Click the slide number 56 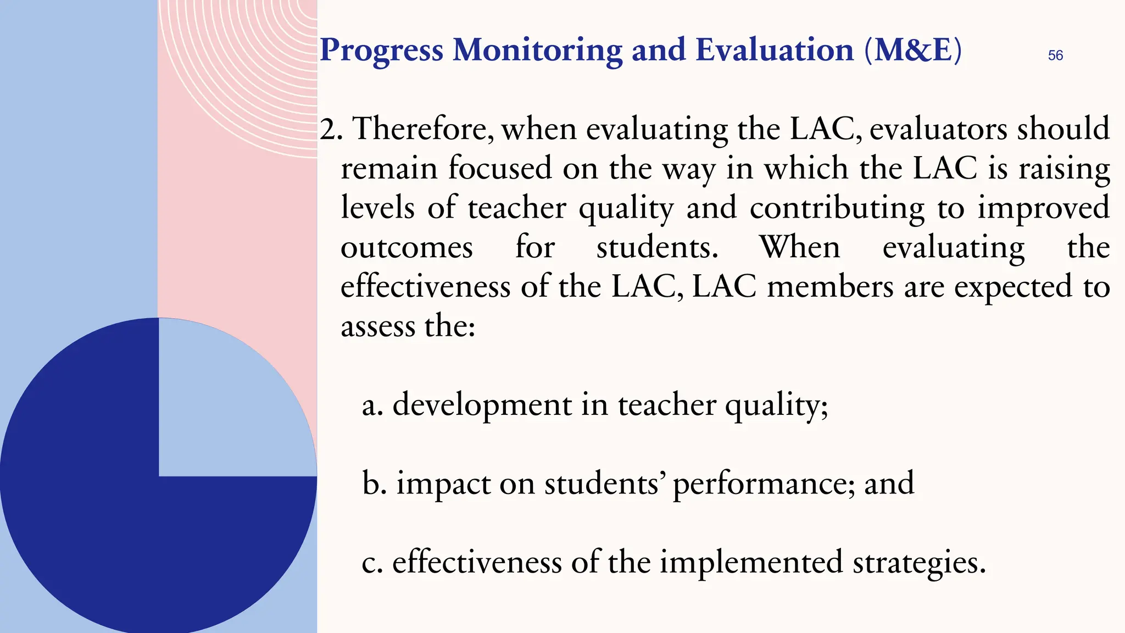point(1055,55)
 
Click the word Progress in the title point(381,51)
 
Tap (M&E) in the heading point(913,50)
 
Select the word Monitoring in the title point(537,51)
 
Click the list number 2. point(331,130)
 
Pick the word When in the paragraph point(800,247)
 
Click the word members point(830,287)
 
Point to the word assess point(378,326)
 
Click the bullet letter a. point(371,406)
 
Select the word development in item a point(482,406)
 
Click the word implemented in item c point(751,563)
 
